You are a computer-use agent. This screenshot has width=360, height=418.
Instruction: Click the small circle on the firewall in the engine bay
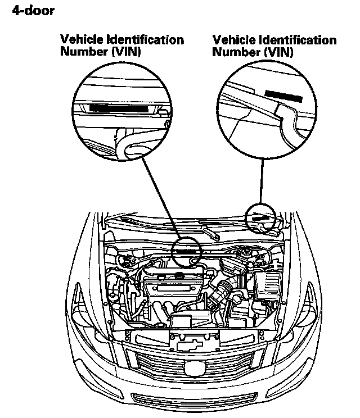click(x=187, y=251)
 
